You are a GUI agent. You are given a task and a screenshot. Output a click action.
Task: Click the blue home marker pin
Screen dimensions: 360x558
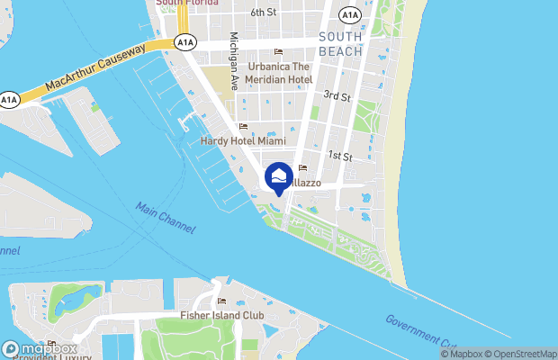[279, 177]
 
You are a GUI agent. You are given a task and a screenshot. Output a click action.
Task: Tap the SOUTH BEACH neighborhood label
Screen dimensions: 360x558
[340, 44]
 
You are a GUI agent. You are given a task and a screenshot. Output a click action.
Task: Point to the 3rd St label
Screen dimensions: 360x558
[337, 95]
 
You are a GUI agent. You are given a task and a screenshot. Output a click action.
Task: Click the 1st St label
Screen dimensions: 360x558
[338, 156]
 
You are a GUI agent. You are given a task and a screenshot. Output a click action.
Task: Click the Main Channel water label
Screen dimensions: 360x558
[166, 219]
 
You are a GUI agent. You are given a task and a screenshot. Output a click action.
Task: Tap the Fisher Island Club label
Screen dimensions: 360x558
[221, 316]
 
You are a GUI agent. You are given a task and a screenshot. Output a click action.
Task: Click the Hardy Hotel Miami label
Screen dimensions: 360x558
[243, 141]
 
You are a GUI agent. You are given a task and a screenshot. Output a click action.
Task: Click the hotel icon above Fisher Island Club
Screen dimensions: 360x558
[221, 301]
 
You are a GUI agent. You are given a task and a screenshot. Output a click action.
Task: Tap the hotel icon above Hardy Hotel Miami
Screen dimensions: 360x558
[243, 127]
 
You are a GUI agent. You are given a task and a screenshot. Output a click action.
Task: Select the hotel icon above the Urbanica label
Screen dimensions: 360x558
[278, 51]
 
